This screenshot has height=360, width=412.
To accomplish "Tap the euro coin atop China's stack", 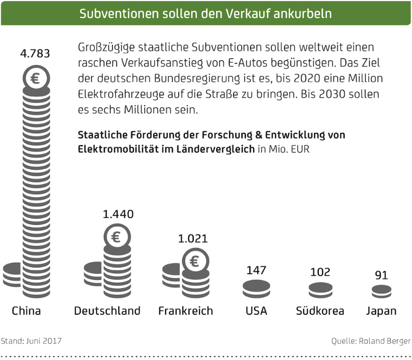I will click(35, 79).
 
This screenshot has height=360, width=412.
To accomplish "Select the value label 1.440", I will click(118, 214).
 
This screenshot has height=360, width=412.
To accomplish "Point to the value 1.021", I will click(193, 239).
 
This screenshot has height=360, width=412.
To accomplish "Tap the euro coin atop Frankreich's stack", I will click(194, 261).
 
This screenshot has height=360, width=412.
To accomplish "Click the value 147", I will click(256, 270).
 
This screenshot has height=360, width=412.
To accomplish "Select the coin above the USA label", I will click(256, 287).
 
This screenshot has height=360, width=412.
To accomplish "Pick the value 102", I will click(320, 272).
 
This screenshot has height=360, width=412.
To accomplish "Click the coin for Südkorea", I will click(320, 289).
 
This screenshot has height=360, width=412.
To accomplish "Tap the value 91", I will click(381, 275).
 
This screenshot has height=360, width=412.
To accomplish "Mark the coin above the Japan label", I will click(381, 290).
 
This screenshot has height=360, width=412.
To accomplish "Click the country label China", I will click(26, 311).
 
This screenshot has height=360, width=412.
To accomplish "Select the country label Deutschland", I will click(107, 311).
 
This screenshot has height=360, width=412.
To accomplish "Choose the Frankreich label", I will click(185, 311).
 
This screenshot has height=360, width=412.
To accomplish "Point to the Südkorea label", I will click(320, 311).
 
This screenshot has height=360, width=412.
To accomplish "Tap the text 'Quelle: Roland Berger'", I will click(371, 341).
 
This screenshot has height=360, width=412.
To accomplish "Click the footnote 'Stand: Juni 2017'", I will click(31, 341).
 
